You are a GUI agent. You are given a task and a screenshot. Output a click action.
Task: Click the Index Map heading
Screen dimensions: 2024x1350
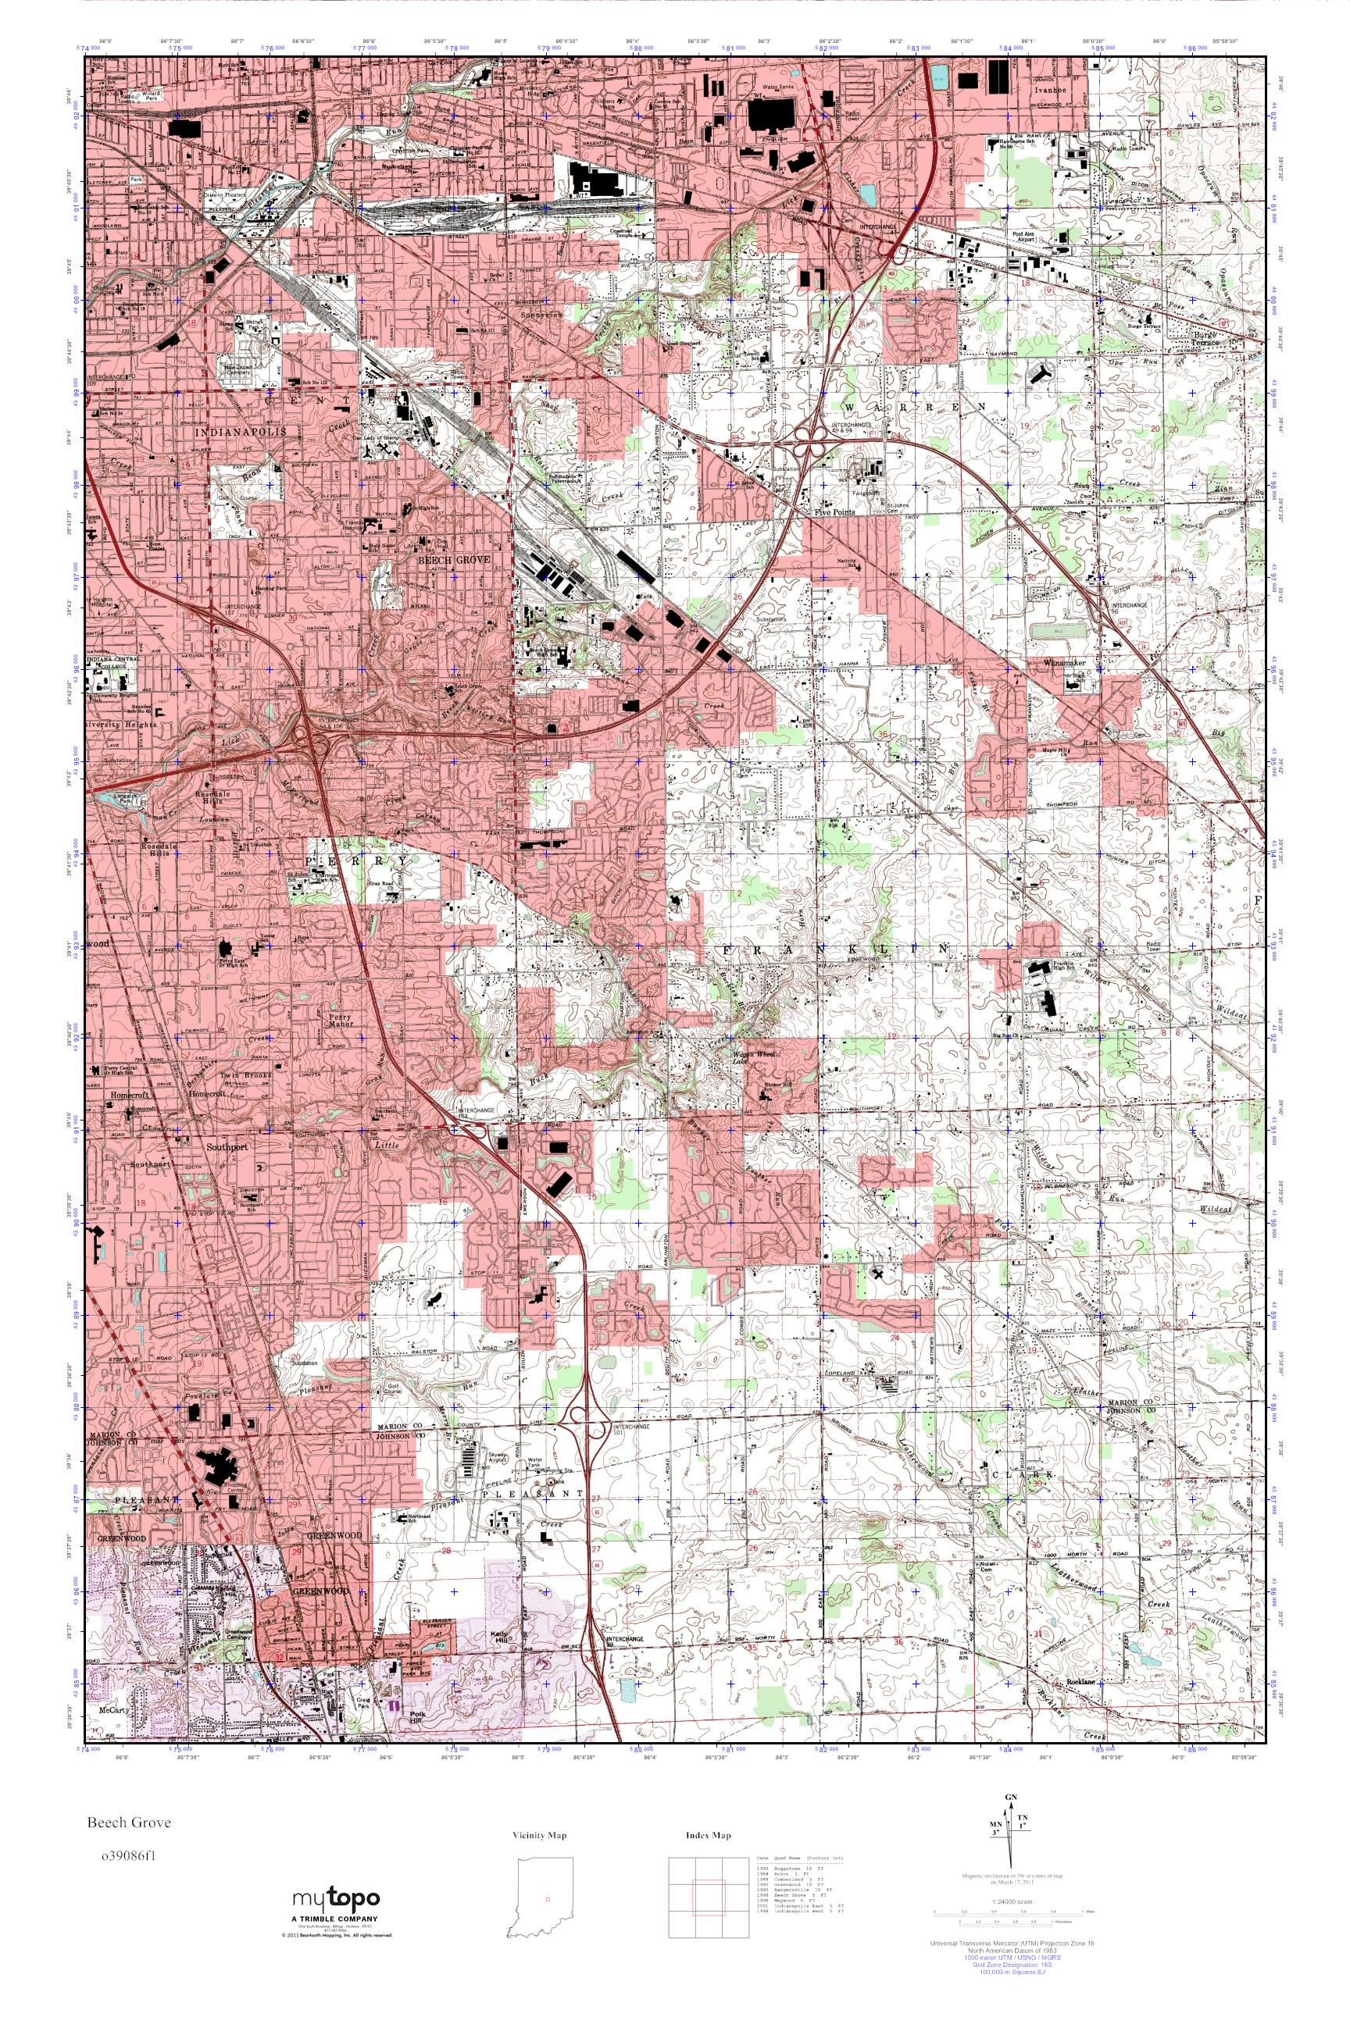pyautogui.click(x=709, y=1836)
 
